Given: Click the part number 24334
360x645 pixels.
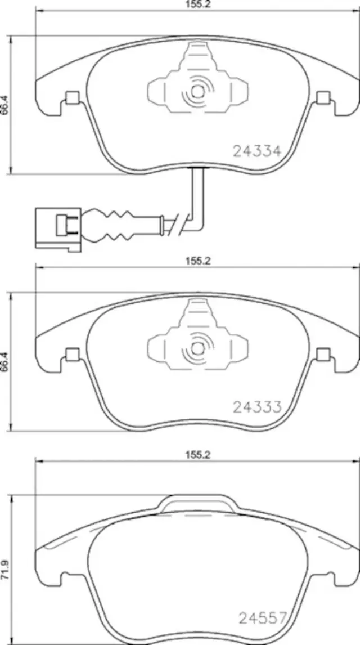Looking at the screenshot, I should (256, 150).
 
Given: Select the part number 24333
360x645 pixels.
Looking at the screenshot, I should (256, 407).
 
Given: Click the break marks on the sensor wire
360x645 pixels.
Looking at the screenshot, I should (177, 223).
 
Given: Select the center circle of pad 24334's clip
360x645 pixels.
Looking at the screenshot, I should (197, 91).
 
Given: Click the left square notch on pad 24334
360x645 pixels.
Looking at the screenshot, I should (71, 98).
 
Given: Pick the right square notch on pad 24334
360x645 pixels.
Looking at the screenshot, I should (323, 98).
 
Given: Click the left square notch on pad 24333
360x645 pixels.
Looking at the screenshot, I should (71, 354).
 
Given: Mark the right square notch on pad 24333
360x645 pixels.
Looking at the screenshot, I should (323, 354).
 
